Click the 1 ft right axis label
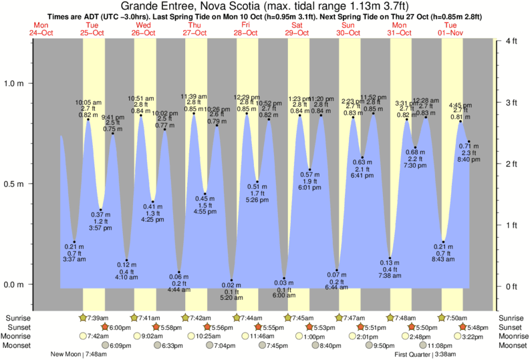(510, 226)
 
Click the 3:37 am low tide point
(74, 242)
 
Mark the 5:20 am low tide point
(232, 280)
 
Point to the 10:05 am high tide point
(88, 120)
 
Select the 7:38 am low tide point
(390, 258)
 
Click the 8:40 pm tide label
(467, 160)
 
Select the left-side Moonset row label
(17, 345)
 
